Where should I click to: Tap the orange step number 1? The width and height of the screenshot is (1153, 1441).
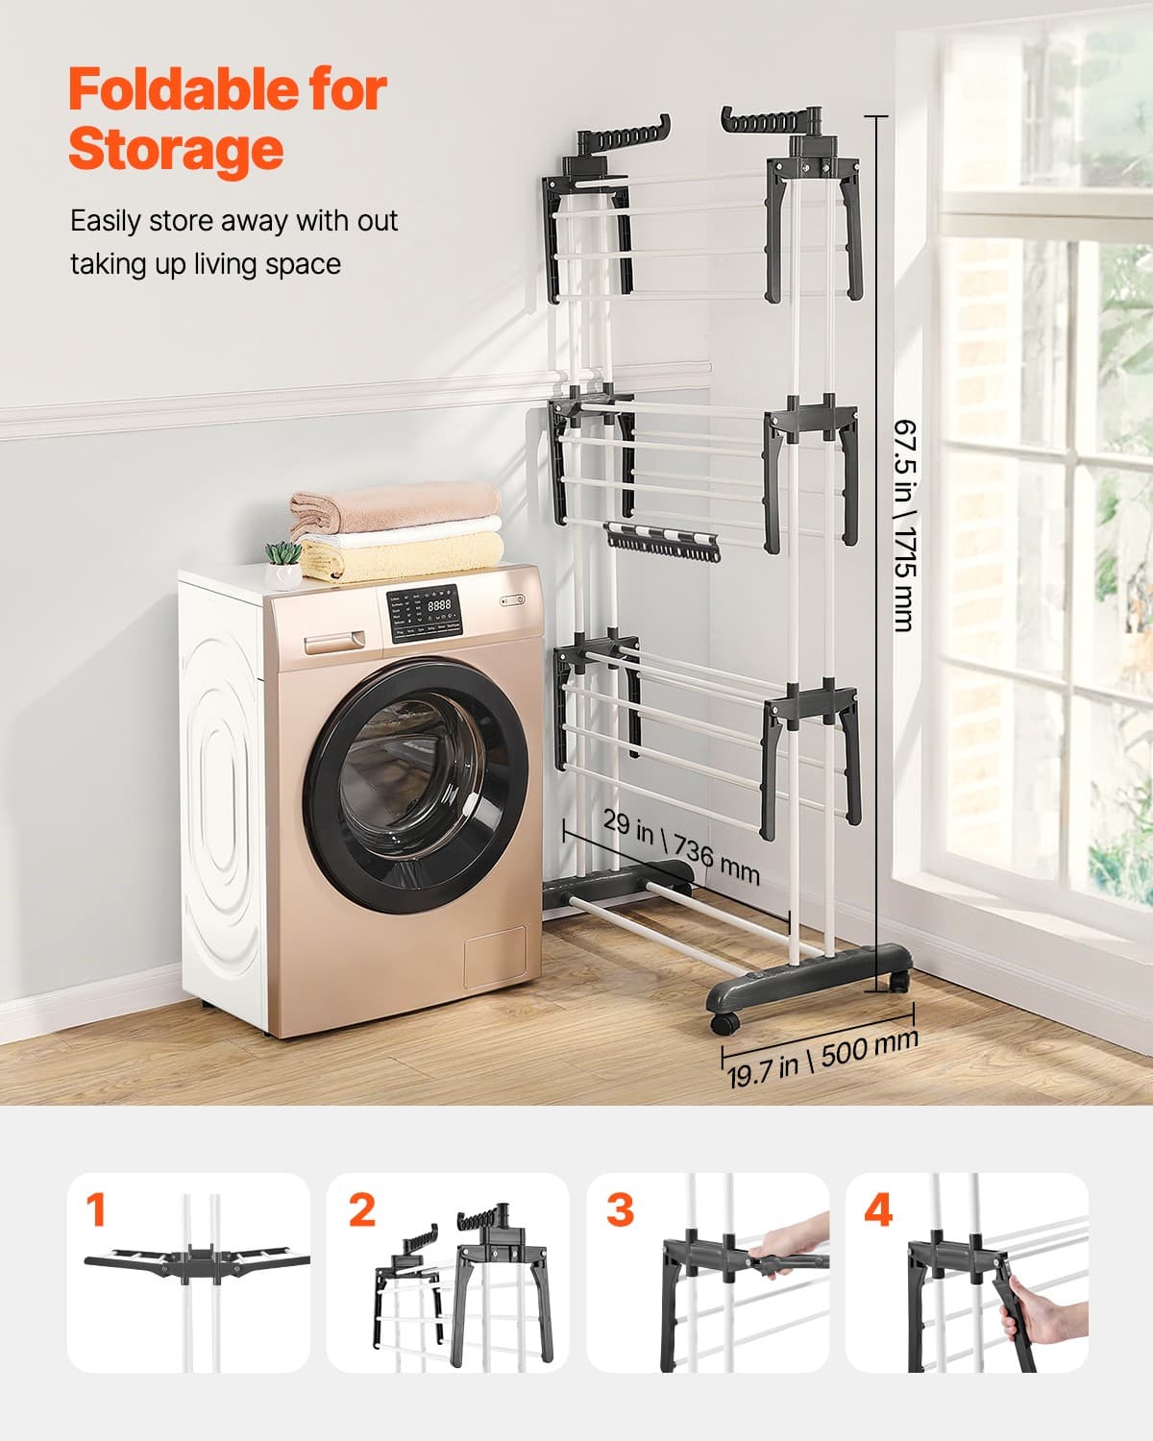pos(95,1210)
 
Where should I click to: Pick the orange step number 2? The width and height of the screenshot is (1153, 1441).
pos(361,1210)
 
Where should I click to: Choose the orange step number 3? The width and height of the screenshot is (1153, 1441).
pos(620,1210)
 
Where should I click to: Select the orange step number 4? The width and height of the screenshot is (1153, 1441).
pos(878,1210)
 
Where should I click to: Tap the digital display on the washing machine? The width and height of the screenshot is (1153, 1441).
pos(438,606)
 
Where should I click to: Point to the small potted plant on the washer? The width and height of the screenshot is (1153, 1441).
pos(282,563)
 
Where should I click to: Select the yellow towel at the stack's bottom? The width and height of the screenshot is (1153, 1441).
pos(404,558)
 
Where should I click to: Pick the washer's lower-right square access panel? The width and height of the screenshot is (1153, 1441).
pos(495,958)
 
